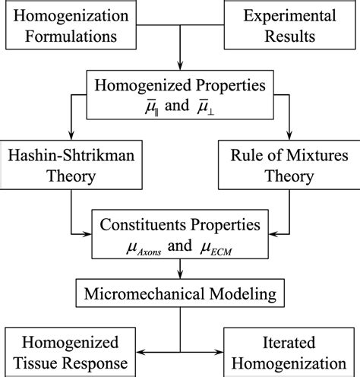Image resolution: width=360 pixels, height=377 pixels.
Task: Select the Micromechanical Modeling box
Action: [x=179, y=292]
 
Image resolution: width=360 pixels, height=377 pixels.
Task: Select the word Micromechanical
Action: [x=154, y=292]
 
